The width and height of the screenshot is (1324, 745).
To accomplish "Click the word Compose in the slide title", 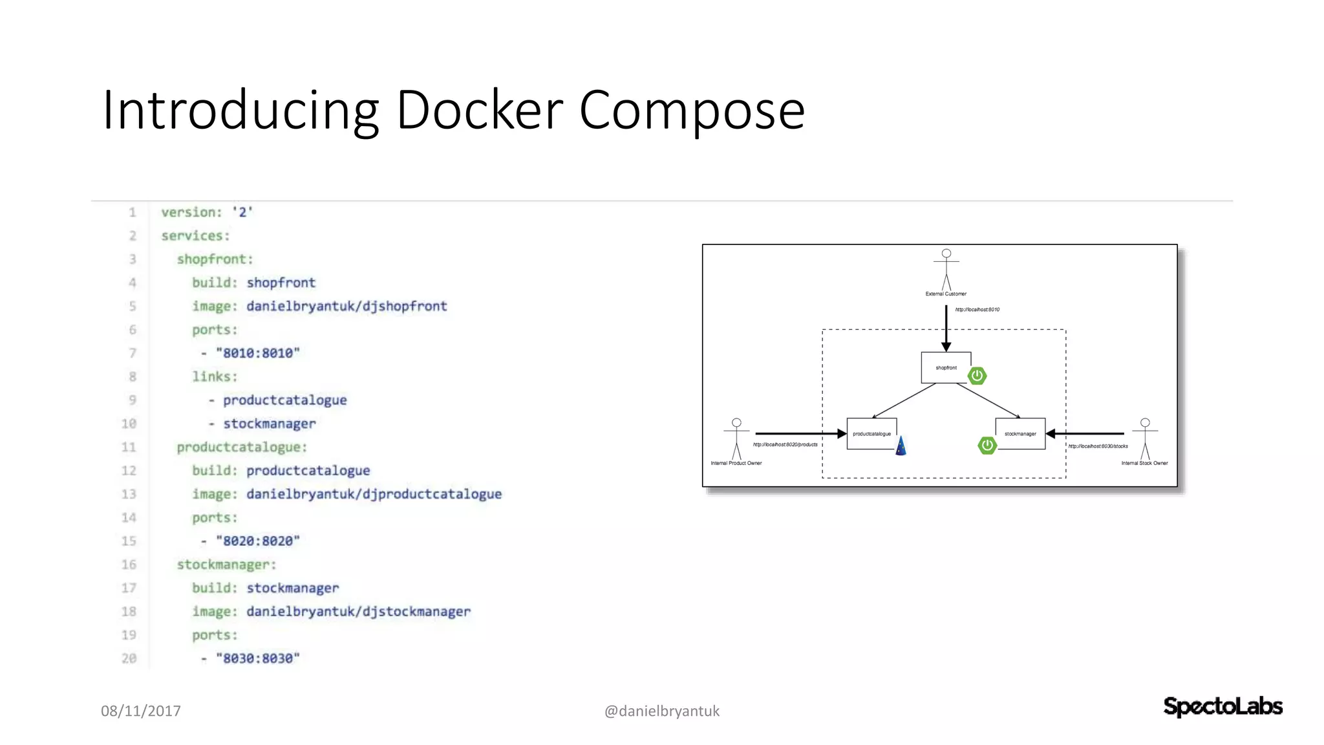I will pos(692,110).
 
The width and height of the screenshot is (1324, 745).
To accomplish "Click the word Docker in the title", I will pos(480,110).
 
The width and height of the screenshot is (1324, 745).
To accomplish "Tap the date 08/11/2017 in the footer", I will pos(141,711).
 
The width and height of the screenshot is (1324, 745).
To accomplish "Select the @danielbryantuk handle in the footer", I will pos(661,711).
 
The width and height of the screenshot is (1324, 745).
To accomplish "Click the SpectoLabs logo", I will pos(1223,706).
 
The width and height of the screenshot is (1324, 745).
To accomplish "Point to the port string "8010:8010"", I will pos(258,353).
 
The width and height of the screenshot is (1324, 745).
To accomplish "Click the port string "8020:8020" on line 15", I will pos(258,541).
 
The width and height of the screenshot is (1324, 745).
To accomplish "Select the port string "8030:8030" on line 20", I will pos(258,658).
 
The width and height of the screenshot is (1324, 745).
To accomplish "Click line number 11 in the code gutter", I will pos(129,447).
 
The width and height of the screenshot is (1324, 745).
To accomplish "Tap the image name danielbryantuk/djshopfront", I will pos(347,306).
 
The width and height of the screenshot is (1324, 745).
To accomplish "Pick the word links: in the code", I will pos(215,376).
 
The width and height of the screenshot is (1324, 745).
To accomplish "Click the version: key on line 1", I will pos(191,212).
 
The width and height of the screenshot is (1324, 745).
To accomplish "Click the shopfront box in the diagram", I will pos(946,367).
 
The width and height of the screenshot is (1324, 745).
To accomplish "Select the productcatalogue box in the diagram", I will pos(871,434).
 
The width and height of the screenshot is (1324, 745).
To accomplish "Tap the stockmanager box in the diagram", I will pos(1020,434).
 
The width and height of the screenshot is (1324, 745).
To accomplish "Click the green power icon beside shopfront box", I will pos(977,376).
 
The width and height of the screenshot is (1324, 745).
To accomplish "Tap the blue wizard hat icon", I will pos(901,446).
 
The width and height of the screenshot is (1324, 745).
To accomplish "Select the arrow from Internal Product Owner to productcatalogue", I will pos(800,433).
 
